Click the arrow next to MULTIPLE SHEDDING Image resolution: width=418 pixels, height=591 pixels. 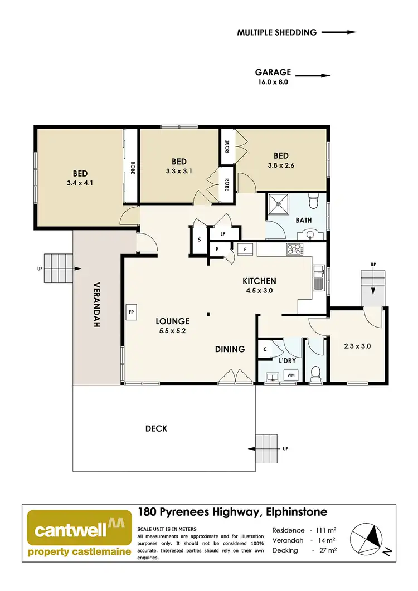[339, 32]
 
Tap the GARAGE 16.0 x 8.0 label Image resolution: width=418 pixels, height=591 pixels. [273, 76]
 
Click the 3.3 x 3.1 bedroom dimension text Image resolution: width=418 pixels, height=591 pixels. [178, 171]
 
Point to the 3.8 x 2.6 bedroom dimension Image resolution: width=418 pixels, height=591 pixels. [284, 165]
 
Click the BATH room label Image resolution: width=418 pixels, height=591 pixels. [303, 221]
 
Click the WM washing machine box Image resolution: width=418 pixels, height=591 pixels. [291, 375]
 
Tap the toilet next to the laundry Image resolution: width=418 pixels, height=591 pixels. [315, 373]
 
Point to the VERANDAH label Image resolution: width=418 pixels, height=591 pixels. [96, 307]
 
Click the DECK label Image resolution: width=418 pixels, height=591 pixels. [156, 428]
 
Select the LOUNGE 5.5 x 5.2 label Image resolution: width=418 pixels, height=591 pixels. [172, 326]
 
